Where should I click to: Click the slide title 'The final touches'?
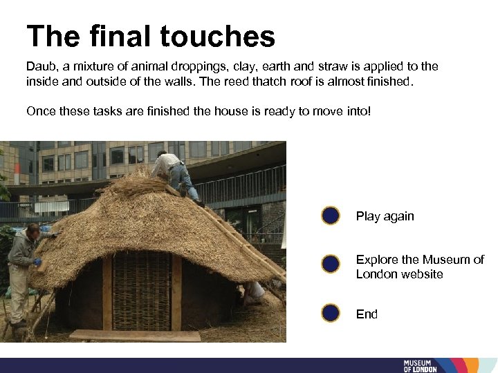[x=151, y=36]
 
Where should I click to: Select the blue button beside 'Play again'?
[x=331, y=216]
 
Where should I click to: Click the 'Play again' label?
[x=385, y=216]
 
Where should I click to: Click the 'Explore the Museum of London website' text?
[x=419, y=267]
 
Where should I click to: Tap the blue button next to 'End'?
[x=331, y=314]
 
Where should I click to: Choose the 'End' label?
[x=367, y=314]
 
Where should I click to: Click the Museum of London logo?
[x=420, y=365]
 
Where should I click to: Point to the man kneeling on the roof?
[x=176, y=175]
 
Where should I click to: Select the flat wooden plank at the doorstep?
[x=135, y=335]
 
